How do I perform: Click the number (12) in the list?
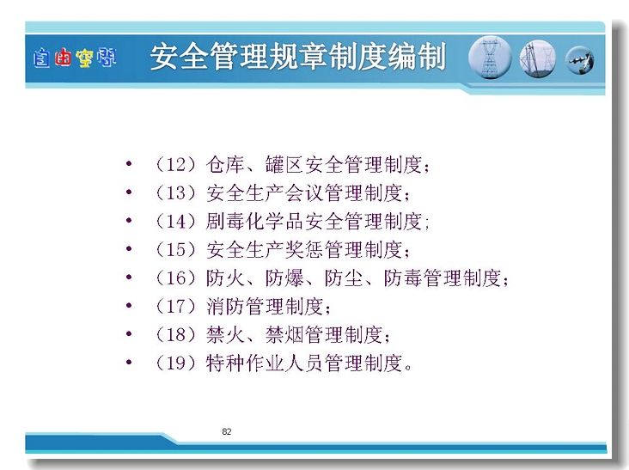pos(176,164)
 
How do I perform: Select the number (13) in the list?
pos(176,192)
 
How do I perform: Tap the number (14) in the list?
pos(176,222)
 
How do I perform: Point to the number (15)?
pos(176,250)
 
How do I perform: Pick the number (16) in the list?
pos(176,278)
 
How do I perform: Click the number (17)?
pos(176,307)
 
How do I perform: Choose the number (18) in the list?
pos(176,335)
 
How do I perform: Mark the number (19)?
pos(176,363)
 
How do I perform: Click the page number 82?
pos(227,431)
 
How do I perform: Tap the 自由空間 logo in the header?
pos(75,58)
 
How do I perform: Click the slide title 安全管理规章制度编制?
pos(298,57)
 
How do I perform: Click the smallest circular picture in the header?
pos(580,60)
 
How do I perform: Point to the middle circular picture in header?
pos(538,58)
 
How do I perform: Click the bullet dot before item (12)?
pos(129,163)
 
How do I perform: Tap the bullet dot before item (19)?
pos(129,363)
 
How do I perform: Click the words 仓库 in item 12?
pos(225,164)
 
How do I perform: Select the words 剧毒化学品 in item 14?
pos(254,222)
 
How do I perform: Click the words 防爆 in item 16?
pos(284,278)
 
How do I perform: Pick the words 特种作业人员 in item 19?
pos(265,363)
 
